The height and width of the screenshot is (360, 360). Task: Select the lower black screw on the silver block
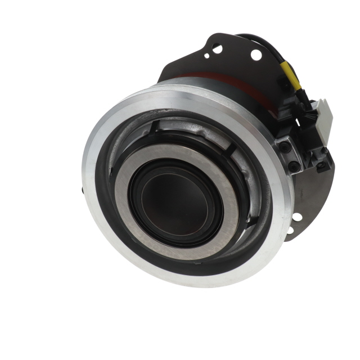click(x=293, y=166)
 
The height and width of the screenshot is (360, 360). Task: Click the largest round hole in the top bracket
click(x=256, y=55)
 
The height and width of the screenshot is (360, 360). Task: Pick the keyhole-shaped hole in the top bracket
click(x=217, y=49)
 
